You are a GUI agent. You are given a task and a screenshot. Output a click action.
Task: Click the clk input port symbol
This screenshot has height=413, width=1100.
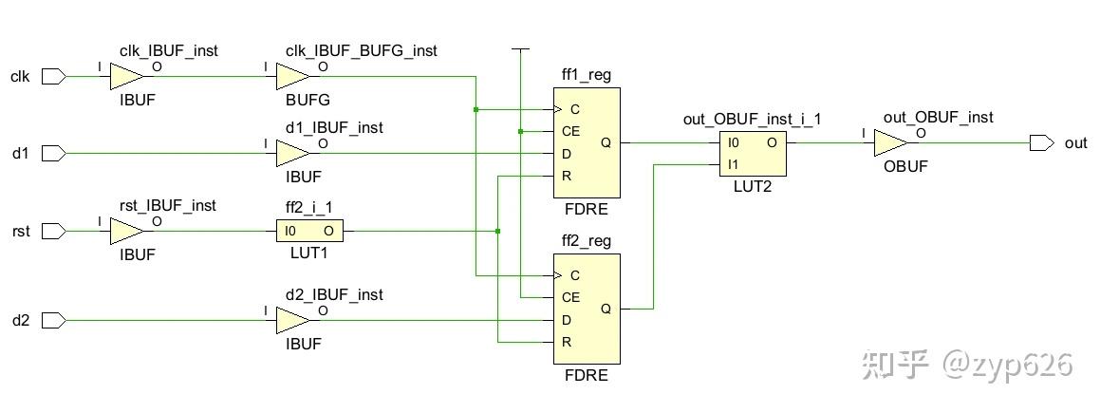(x=53, y=77)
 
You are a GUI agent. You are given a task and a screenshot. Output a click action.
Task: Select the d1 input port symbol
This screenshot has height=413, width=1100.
(x=53, y=153)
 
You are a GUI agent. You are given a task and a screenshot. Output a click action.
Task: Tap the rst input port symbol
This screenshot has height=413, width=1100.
(x=53, y=231)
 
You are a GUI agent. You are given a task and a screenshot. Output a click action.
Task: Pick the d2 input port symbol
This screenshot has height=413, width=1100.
(x=53, y=321)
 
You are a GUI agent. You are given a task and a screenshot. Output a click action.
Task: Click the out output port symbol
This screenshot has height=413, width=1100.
(x=1041, y=143)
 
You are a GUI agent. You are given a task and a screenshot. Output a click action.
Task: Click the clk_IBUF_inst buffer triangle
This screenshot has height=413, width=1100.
(x=126, y=77)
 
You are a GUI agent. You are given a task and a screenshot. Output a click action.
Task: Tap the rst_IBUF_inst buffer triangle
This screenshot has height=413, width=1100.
(x=126, y=231)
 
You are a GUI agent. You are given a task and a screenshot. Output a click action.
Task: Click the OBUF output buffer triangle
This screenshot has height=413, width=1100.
(x=889, y=143)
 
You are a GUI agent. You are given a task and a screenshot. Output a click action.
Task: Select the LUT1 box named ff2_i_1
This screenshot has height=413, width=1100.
(x=309, y=231)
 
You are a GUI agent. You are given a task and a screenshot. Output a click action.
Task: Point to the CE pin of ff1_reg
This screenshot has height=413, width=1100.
(x=570, y=131)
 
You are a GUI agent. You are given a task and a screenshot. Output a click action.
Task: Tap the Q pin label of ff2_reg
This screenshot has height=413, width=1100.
(x=606, y=309)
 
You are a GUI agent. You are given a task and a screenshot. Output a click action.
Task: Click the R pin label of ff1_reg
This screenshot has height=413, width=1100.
(x=567, y=176)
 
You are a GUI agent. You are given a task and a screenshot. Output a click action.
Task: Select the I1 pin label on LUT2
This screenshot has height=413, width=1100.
(x=732, y=165)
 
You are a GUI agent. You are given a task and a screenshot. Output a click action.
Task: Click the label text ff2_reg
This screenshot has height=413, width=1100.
(x=587, y=241)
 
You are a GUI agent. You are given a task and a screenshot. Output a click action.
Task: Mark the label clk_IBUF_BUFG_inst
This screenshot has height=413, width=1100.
(x=361, y=50)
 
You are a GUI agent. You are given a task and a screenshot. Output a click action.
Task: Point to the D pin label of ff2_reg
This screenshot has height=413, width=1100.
(x=567, y=320)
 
